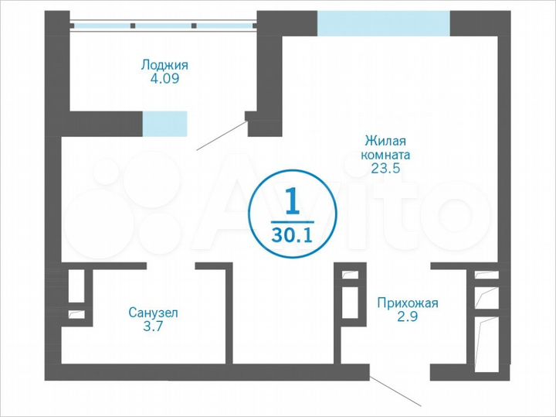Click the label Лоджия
(x=164, y=65)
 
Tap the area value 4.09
(x=164, y=79)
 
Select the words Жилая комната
(x=385, y=147)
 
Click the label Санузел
(x=153, y=313)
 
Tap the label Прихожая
(x=407, y=302)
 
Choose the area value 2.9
(x=407, y=316)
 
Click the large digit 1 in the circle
(x=292, y=202)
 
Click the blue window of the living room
(x=384, y=23)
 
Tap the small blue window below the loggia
(x=164, y=122)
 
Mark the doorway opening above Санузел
(x=170, y=266)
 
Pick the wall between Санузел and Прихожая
(x=229, y=313)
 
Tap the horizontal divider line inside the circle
(x=292, y=220)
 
